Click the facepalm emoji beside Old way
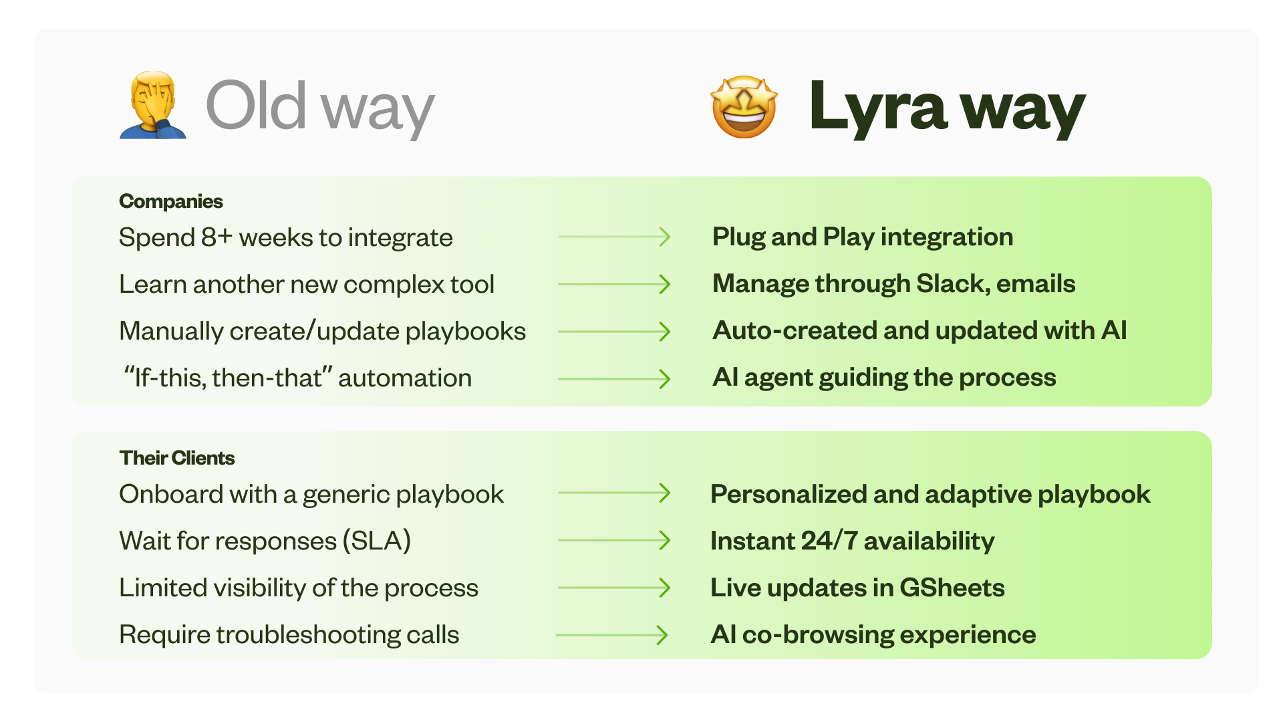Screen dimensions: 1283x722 [152, 106]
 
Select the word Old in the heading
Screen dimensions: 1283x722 [256, 106]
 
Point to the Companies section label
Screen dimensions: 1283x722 [170, 201]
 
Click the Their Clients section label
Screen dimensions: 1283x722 [176, 458]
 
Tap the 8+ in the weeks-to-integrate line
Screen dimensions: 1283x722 [217, 237]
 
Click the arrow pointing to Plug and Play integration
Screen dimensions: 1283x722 [614, 237]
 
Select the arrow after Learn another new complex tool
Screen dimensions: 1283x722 [614, 284]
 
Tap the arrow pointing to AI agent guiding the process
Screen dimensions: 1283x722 [614, 379]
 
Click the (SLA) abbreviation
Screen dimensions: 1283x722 [376, 541]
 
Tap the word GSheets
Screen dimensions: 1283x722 [952, 588]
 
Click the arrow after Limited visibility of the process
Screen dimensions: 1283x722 [614, 588]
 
